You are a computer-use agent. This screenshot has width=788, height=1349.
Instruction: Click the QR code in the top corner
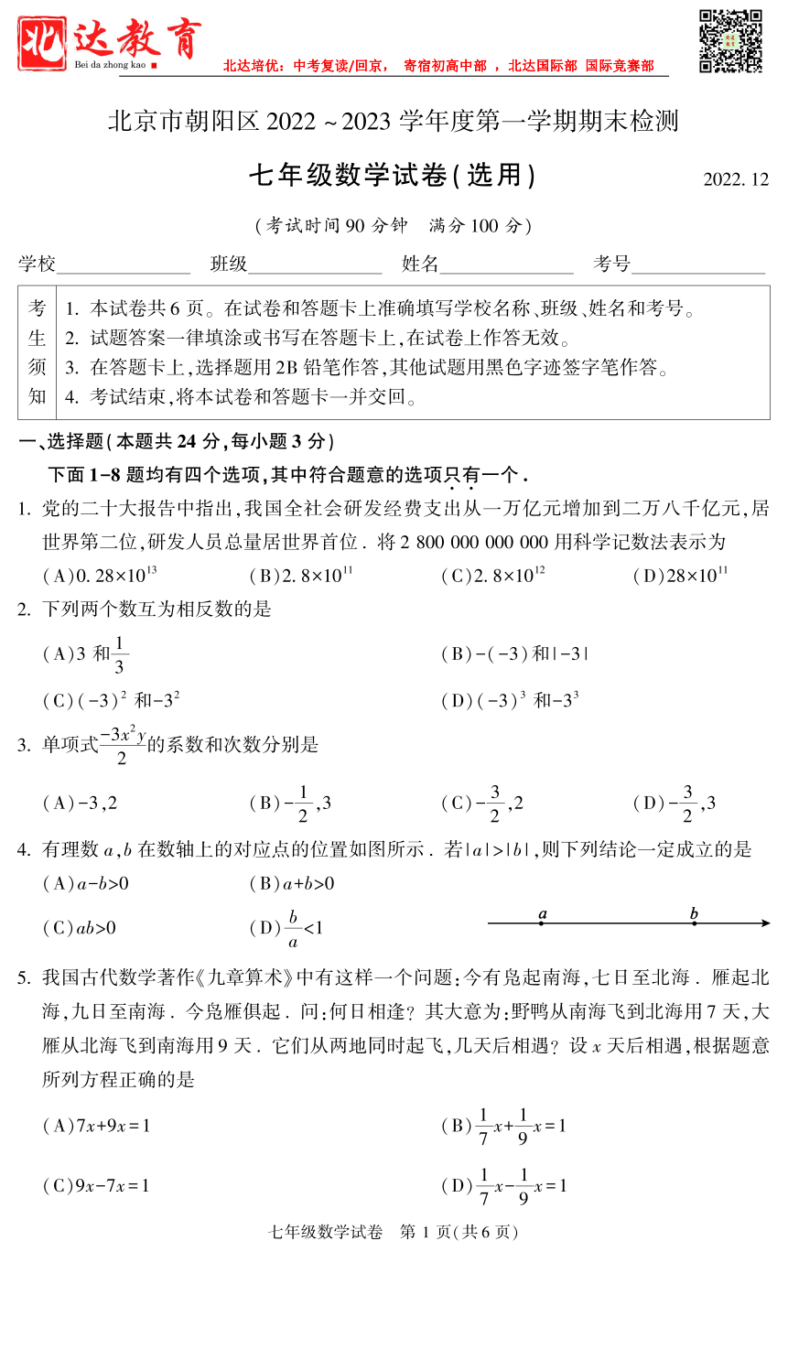(730, 41)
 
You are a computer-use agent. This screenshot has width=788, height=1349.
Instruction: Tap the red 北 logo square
(42, 43)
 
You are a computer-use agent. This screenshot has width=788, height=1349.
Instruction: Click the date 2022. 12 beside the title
(736, 179)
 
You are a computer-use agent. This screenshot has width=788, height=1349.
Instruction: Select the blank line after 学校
(124, 265)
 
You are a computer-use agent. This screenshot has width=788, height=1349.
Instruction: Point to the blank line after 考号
(698, 265)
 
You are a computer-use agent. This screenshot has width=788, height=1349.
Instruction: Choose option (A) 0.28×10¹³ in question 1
(100, 576)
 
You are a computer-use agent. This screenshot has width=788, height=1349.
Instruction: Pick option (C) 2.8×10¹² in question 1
(493, 576)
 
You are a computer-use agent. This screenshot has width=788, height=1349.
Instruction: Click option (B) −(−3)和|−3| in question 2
(514, 653)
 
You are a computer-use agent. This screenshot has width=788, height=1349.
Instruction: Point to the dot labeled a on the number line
(542, 923)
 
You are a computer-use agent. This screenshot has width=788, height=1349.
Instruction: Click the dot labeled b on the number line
(694, 923)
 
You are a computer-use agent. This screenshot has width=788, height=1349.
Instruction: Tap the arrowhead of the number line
(765, 923)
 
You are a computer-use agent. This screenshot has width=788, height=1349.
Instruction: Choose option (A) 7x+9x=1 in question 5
(96, 1126)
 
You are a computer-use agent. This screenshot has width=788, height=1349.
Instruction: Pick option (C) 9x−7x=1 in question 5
(96, 1186)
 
